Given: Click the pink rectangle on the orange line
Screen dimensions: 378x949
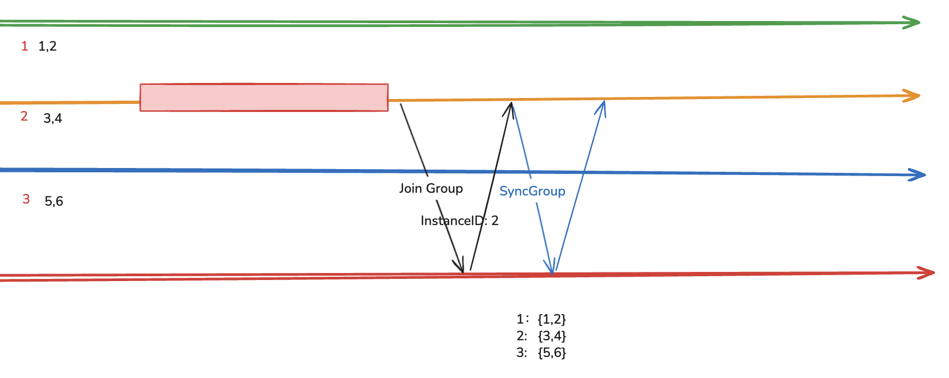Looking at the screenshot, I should [264, 97].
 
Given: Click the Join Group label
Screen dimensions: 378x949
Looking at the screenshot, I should [431, 188].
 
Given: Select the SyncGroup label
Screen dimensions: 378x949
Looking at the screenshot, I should [532, 191].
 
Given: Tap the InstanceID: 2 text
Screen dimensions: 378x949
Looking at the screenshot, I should [459, 221].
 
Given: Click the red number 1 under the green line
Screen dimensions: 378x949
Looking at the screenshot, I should [25, 46].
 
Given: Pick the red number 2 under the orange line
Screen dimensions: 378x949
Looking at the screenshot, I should [24, 116].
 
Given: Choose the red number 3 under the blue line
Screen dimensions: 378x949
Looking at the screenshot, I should [26, 199].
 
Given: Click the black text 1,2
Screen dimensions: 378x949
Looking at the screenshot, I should [47, 46].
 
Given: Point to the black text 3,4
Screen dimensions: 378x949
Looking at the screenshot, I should [53, 118].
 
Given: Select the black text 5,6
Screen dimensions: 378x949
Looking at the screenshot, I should [54, 201].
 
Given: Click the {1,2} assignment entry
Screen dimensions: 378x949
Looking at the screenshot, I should [552, 319].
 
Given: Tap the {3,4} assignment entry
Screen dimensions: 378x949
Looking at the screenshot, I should [552, 336].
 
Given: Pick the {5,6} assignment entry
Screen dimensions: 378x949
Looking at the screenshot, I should [552, 353].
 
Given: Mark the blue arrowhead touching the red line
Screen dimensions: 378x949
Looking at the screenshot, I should [551, 267].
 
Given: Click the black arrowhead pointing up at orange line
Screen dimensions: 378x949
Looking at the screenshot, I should [509, 108].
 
